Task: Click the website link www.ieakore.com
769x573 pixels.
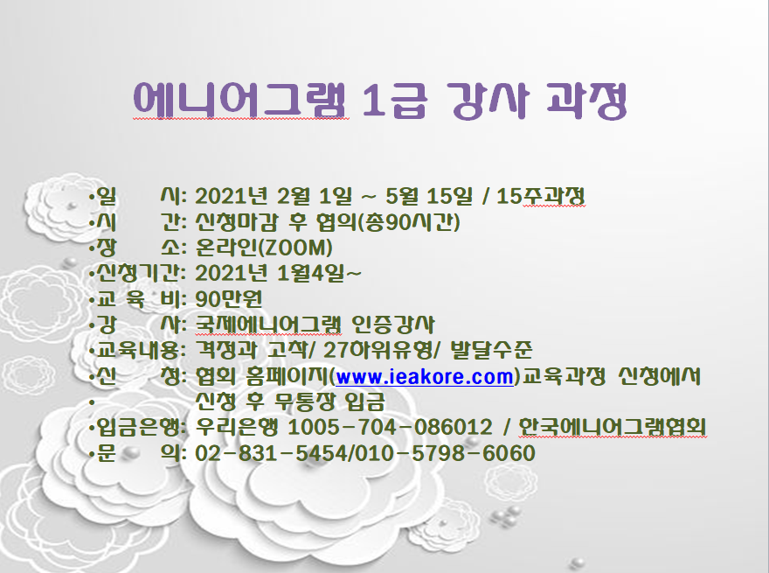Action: click(x=424, y=376)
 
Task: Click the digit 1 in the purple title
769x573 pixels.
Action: click(x=373, y=101)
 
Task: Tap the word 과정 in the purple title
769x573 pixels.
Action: click(x=586, y=101)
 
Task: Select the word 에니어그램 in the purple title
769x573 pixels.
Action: click(x=240, y=101)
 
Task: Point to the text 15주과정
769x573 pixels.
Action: click(x=541, y=197)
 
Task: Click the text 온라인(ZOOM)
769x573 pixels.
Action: click(x=264, y=248)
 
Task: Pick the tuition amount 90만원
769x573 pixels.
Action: click(x=229, y=298)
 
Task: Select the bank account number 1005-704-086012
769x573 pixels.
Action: click(x=390, y=427)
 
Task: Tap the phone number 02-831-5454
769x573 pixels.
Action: click(x=271, y=453)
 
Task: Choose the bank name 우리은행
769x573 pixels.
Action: click(x=237, y=427)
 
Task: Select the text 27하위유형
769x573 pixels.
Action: click(x=378, y=350)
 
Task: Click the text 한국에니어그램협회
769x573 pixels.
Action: click(x=613, y=427)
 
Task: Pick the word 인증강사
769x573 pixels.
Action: click(x=393, y=324)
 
